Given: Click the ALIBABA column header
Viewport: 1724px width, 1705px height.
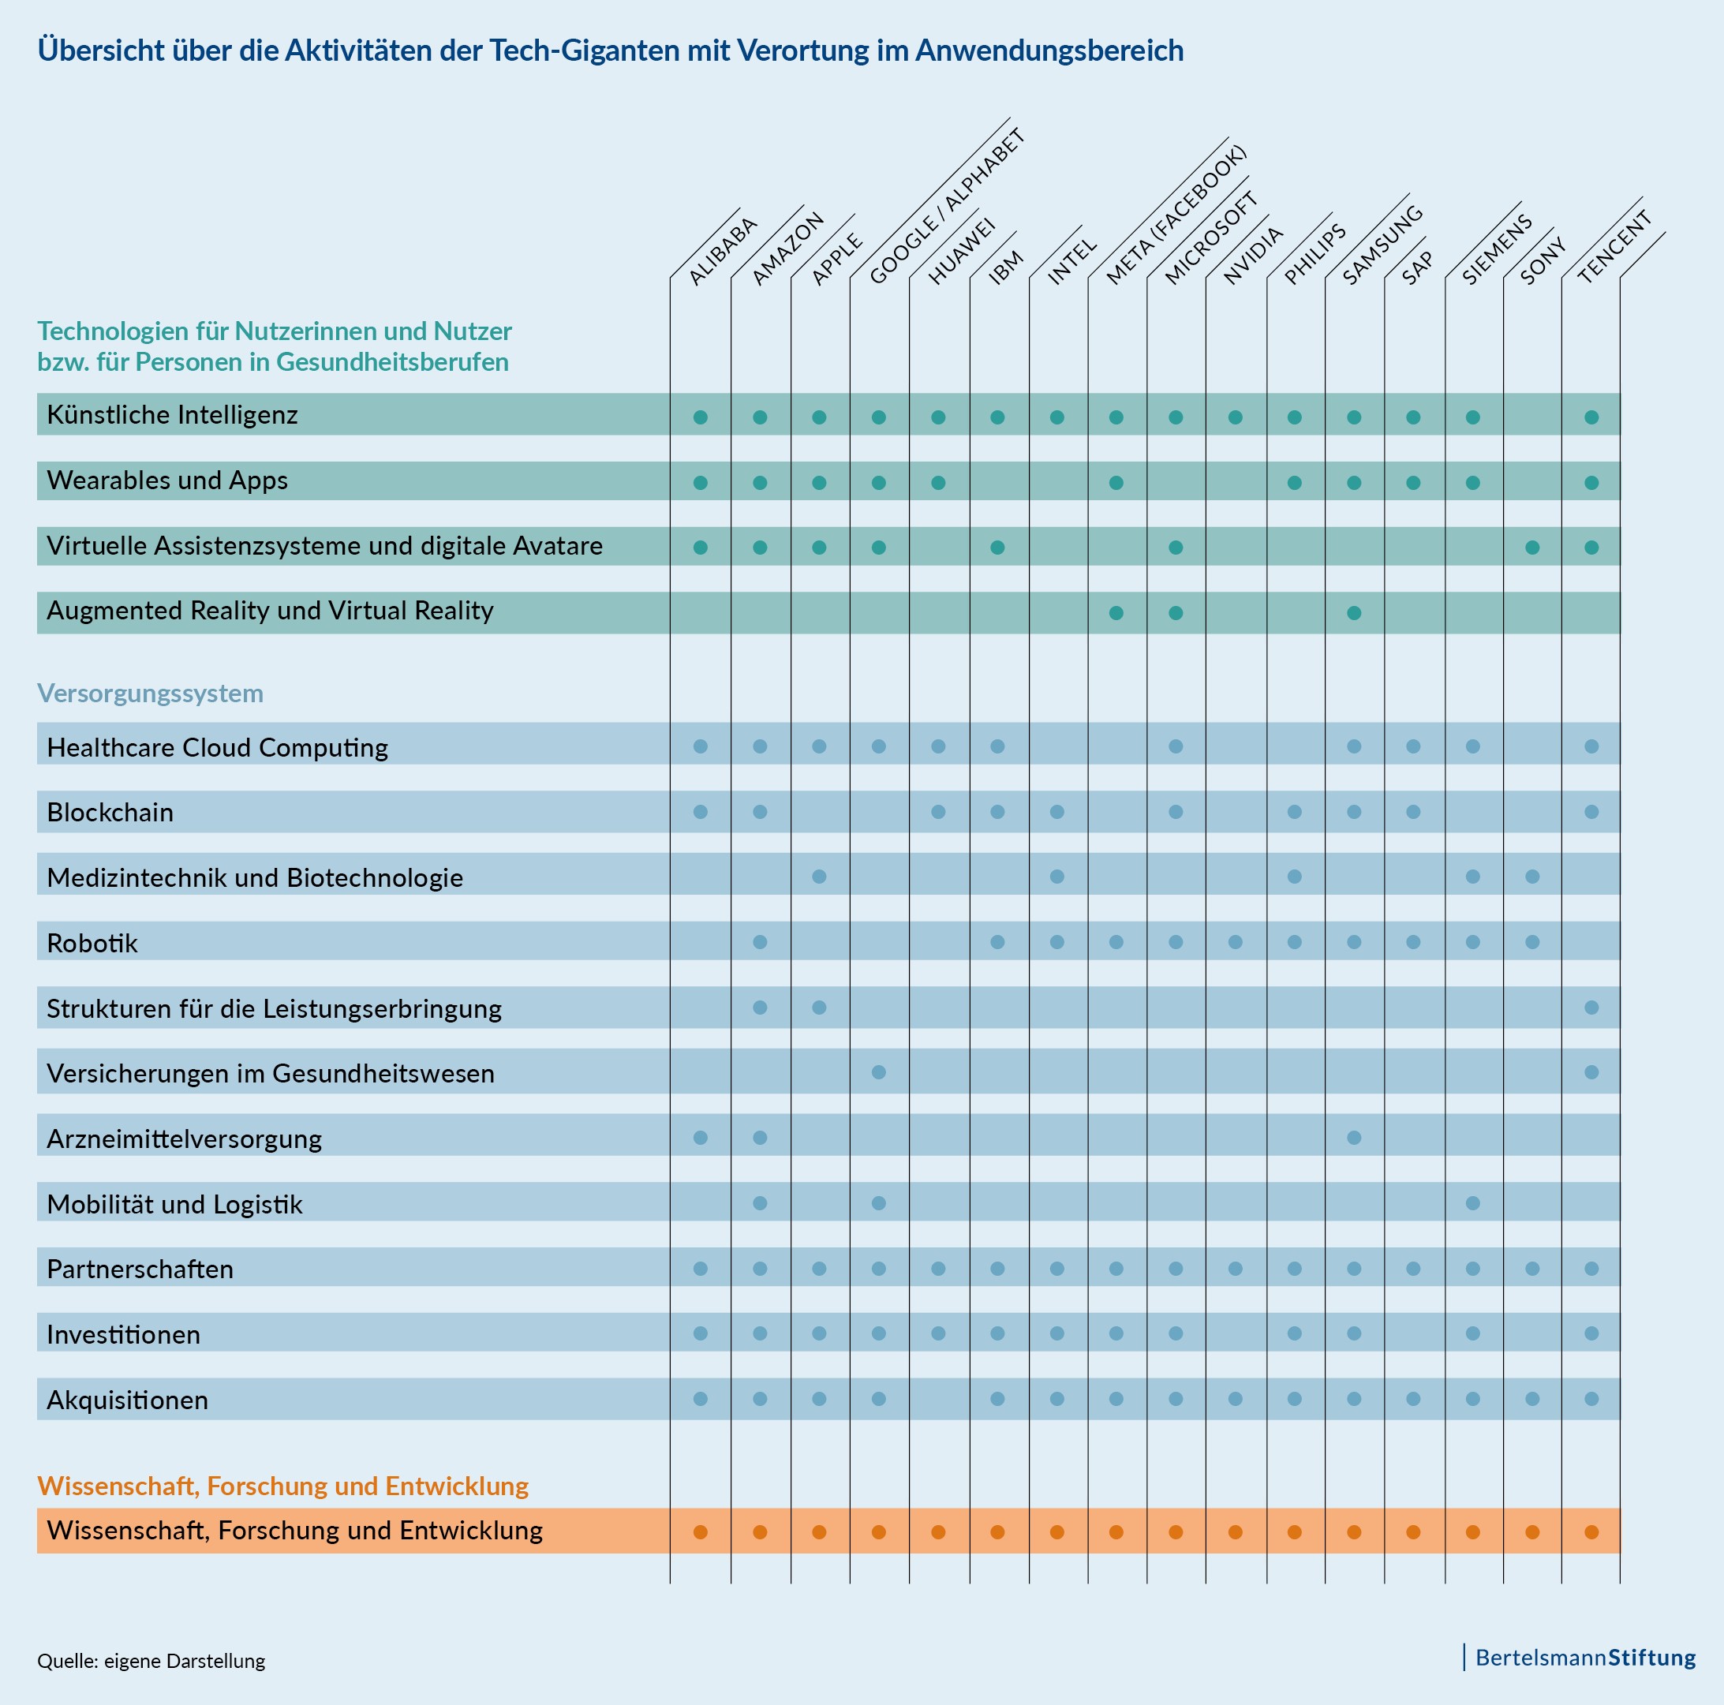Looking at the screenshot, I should pos(723,251).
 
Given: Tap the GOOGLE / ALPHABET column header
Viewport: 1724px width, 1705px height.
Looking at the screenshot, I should pos(946,207).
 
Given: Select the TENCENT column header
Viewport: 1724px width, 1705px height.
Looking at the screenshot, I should pos(1614,247).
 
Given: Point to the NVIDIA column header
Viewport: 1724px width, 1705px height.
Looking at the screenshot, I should pos(1253,255).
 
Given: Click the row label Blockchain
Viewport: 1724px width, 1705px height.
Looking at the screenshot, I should pos(110,812).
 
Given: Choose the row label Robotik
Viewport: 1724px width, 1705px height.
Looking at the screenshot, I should pos(92,943).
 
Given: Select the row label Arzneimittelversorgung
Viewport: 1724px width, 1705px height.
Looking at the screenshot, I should pos(184,1139).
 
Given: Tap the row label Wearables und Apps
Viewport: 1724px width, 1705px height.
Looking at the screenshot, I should pos(166,480).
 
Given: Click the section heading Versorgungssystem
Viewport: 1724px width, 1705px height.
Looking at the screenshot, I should pos(150,694).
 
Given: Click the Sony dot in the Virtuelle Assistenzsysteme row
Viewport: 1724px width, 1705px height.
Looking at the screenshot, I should pos(1532,547).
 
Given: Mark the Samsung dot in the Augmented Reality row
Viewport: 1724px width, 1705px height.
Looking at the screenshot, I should pos(1354,613).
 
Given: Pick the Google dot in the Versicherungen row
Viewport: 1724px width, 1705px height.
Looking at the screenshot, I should pos(879,1071).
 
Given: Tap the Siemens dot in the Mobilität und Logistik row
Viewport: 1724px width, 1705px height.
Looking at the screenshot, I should pos(1473,1202).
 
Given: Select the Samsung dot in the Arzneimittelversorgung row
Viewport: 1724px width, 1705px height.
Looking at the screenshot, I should pos(1354,1138).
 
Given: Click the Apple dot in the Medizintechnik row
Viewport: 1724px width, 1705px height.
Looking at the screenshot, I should pos(819,876).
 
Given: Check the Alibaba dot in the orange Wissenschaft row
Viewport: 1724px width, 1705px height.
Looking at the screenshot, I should pos(701,1532).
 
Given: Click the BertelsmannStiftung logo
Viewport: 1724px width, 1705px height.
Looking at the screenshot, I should pos(1585,1658).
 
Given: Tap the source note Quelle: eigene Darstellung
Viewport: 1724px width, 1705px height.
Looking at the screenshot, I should pos(151,1662).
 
